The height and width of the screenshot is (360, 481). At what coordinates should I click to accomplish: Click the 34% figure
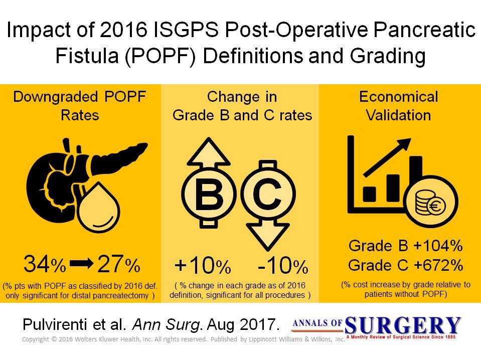click(45, 264)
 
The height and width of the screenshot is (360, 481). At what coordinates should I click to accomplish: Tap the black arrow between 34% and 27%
click(81, 263)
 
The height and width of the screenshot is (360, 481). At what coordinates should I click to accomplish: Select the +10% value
click(203, 265)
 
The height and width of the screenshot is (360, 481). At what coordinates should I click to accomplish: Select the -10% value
click(283, 265)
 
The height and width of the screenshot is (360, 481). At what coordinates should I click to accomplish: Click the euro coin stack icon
click(431, 202)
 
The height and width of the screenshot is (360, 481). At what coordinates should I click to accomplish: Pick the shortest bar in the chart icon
click(369, 194)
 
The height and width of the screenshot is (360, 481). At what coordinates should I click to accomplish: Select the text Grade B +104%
click(406, 246)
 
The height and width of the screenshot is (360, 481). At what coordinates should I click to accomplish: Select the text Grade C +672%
click(406, 265)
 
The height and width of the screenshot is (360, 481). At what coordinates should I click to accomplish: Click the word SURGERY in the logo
click(402, 325)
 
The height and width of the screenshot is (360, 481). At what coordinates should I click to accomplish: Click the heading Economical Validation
click(398, 106)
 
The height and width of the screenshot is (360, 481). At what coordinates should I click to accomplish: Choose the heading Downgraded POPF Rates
click(80, 106)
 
